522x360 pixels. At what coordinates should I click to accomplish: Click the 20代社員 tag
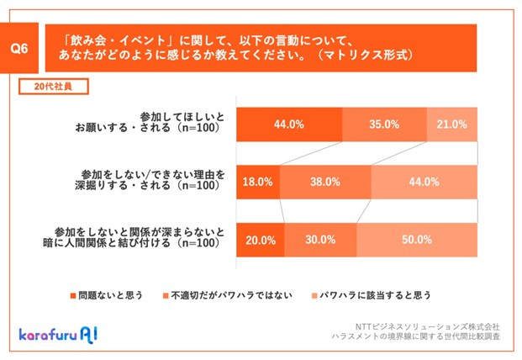click(x=53, y=87)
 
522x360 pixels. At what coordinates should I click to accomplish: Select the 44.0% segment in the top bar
click(x=289, y=124)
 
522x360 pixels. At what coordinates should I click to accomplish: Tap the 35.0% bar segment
click(x=384, y=124)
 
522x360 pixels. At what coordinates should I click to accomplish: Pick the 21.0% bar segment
click(x=451, y=124)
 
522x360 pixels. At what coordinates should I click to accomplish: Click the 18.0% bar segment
click(x=257, y=181)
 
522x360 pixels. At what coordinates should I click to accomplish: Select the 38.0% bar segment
click(x=324, y=181)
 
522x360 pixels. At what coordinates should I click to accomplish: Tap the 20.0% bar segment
click(x=261, y=239)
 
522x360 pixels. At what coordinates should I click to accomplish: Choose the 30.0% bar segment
click(x=321, y=239)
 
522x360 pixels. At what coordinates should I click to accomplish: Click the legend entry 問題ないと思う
click(x=106, y=295)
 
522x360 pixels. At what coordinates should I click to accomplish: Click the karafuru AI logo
click(x=58, y=333)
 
